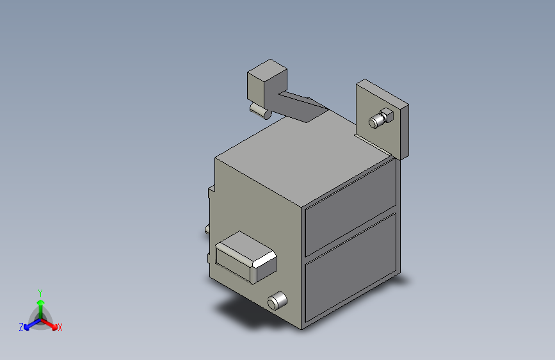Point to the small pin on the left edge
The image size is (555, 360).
click(x=207, y=229)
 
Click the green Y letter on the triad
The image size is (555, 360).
click(x=40, y=292)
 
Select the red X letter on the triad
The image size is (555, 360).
click(x=60, y=328)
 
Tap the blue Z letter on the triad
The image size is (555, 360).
click(x=21, y=327)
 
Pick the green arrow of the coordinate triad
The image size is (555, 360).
click(x=40, y=305)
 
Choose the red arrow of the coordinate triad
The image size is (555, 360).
click(x=51, y=323)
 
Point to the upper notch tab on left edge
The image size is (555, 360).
click(x=210, y=191)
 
